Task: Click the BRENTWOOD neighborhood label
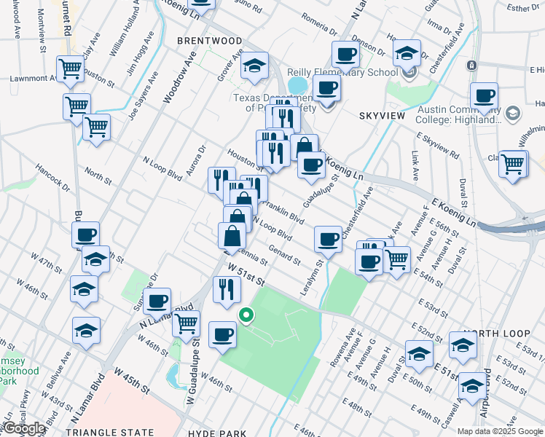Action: [208, 42]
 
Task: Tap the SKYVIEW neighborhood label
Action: [381, 116]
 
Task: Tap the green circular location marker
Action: [246, 315]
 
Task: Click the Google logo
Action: [24, 428]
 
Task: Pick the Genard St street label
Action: [283, 254]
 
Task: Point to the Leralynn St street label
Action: [310, 277]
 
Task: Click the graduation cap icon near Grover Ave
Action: [254, 66]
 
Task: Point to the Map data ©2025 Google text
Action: [499, 431]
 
